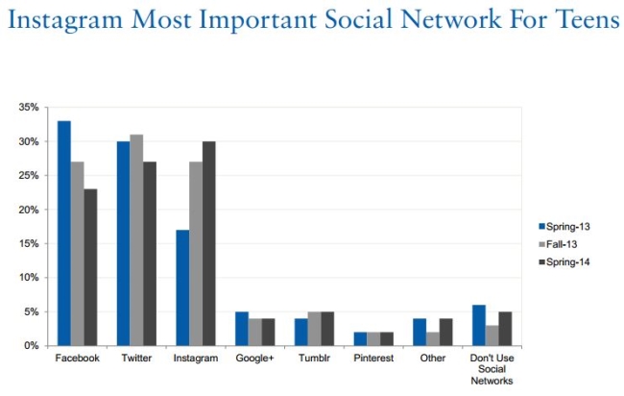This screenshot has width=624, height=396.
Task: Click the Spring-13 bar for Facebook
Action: click(63, 233)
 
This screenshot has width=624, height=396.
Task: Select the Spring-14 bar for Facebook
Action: click(90, 267)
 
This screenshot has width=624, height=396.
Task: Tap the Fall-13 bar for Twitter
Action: click(136, 239)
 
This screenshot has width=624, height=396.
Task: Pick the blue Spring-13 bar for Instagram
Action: click(182, 287)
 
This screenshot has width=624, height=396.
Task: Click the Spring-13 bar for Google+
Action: click(242, 329)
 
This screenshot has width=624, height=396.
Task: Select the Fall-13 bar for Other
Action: click(433, 339)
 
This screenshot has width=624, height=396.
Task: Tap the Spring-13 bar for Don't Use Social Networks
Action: click(478, 325)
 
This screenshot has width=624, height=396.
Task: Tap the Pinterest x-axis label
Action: click(373, 359)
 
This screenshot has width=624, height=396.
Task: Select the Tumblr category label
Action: click(314, 359)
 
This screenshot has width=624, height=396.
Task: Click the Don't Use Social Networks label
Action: click(492, 369)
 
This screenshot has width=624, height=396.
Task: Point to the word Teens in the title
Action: click(585, 21)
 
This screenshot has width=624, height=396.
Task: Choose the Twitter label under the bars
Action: click(135, 359)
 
